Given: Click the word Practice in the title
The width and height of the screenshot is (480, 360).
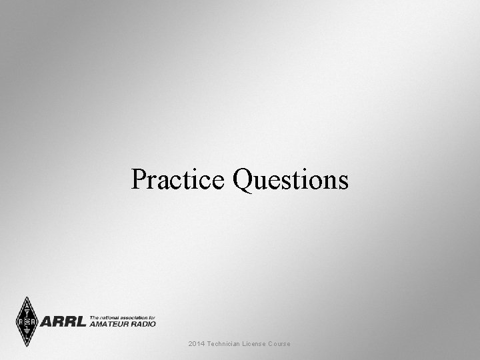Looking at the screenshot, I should tap(178, 179).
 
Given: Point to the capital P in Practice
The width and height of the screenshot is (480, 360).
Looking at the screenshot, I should tap(138, 179).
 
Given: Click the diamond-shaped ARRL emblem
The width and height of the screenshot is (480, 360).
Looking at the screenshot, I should tap(27, 322).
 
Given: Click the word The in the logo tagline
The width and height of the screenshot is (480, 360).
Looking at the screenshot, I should tap(95, 317).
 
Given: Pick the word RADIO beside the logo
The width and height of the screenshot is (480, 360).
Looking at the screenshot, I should tap(145, 324).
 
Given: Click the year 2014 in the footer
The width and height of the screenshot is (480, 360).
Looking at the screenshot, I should tap(196, 343).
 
